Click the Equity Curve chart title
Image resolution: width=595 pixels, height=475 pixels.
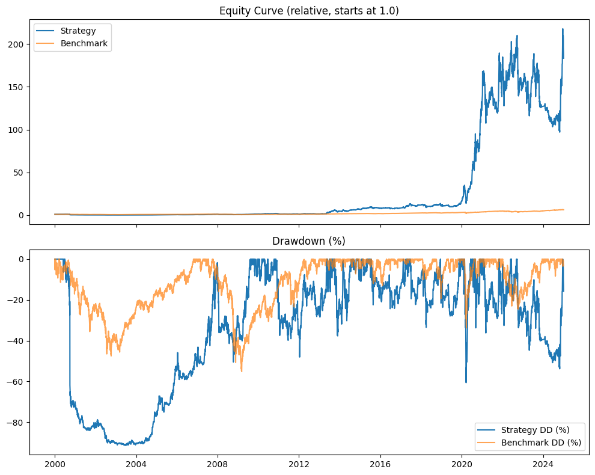point(309,10)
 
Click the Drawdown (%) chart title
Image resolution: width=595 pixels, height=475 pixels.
point(309,241)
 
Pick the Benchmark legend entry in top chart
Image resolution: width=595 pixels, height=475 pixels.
point(79,43)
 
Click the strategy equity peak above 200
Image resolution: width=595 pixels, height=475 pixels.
point(563,29)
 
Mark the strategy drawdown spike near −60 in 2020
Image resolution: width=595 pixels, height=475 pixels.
point(466,382)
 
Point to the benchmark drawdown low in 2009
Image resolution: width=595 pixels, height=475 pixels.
point(242,371)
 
